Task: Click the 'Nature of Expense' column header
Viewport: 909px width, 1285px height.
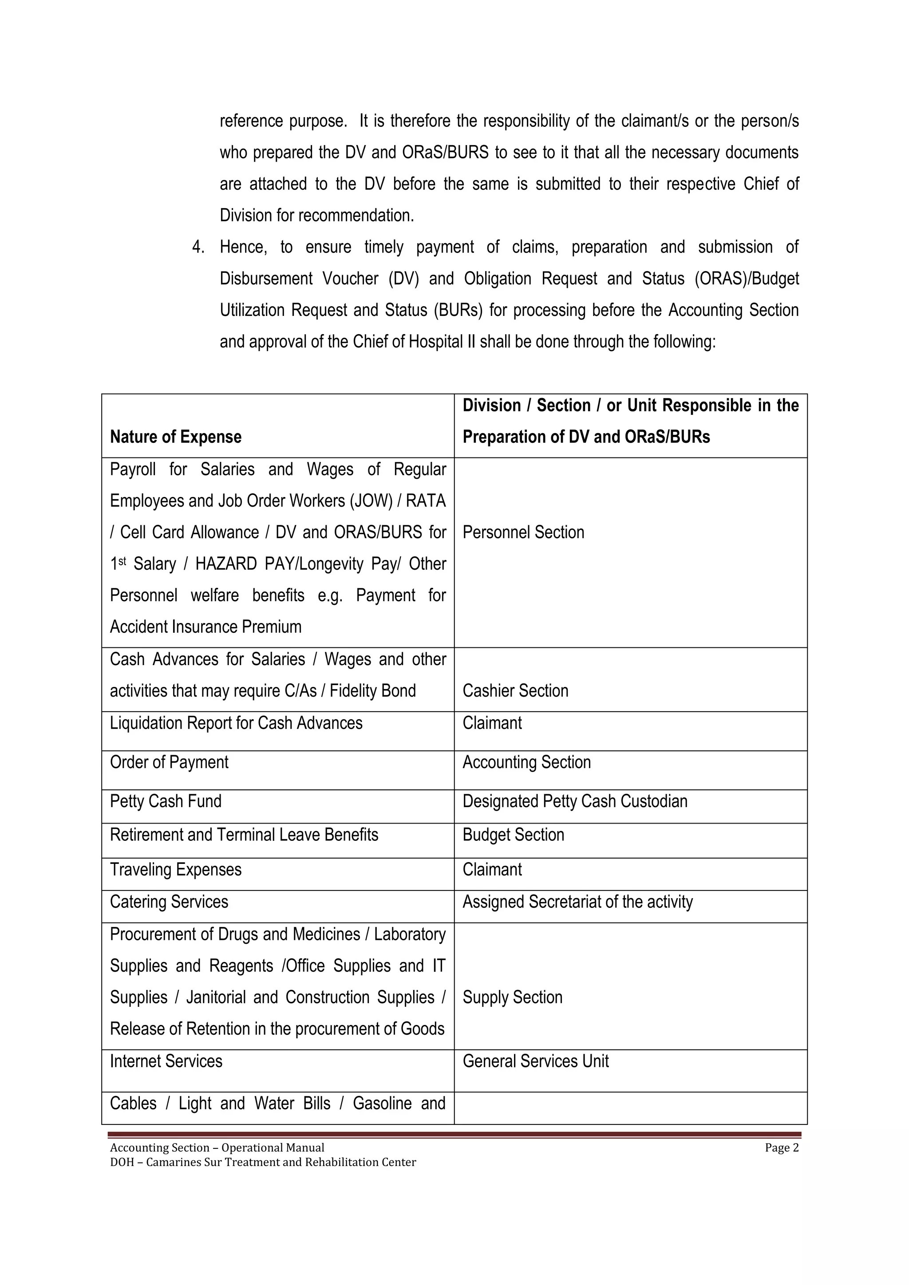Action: pyautogui.click(x=175, y=437)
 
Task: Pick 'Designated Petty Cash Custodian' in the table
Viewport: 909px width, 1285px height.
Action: pyautogui.click(x=574, y=801)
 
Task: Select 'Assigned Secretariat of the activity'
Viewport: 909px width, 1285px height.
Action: pyautogui.click(x=577, y=902)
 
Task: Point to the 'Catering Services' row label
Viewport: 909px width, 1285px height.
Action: pyautogui.click(x=169, y=902)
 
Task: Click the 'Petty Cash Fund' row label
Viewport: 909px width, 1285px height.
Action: pyautogui.click(x=165, y=801)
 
